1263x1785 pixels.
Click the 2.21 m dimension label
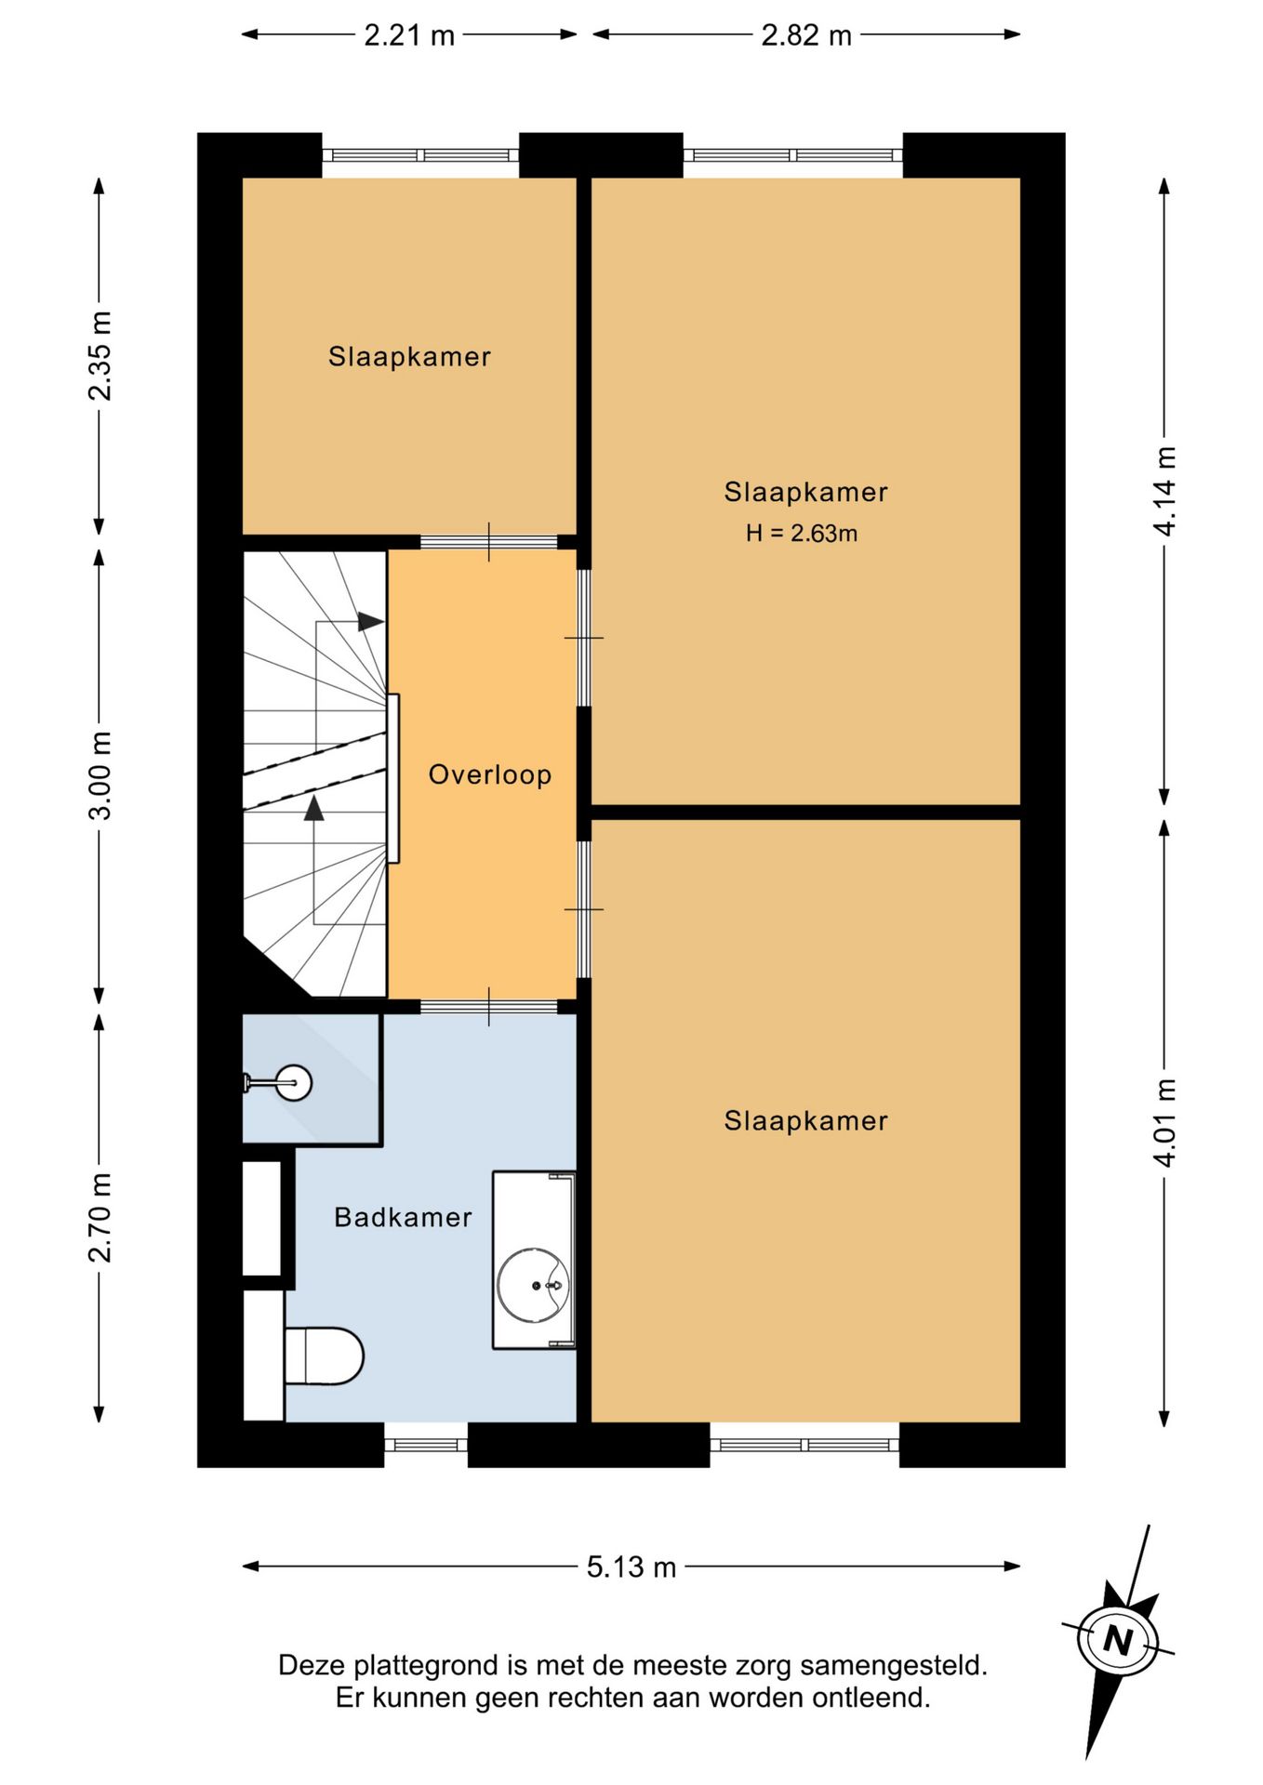point(408,35)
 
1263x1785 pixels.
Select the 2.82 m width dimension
point(806,35)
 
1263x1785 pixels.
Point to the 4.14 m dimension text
point(1164,491)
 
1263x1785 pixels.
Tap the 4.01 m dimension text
point(1164,1121)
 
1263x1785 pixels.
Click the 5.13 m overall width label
point(631,1567)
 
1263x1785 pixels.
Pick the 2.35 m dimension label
point(100,356)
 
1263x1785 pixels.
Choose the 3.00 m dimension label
point(100,775)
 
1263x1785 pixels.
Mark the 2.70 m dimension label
point(100,1217)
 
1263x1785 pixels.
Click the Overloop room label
point(490,774)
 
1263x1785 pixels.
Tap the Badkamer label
point(403,1217)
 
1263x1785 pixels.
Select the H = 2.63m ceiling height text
point(802,533)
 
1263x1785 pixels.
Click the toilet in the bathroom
point(323,1355)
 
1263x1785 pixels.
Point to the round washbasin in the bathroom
point(533,1285)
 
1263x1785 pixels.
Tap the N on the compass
point(1117,1640)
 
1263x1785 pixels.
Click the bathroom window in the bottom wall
point(426,1445)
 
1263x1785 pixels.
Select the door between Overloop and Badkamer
point(489,1007)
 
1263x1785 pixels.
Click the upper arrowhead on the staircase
point(371,622)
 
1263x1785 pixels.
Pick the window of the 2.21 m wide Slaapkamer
point(420,155)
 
